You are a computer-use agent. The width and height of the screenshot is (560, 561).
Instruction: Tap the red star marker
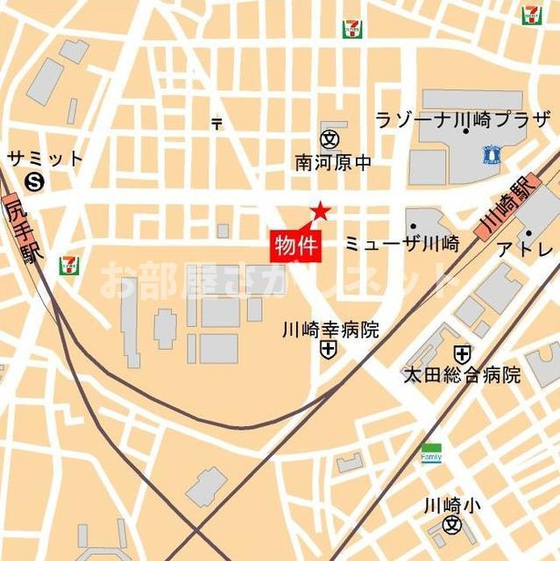pyautogui.click(x=321, y=210)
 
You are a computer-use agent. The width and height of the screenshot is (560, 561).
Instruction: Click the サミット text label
pyautogui.click(x=46, y=159)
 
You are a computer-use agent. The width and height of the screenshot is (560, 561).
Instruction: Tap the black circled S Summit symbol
pyautogui.click(x=34, y=181)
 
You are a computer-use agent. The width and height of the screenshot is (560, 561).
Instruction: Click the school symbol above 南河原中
pyautogui.click(x=330, y=138)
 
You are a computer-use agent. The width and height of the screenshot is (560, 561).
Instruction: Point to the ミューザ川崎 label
pyautogui.click(x=401, y=244)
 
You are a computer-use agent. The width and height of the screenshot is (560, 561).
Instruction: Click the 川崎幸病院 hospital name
pyautogui.click(x=330, y=330)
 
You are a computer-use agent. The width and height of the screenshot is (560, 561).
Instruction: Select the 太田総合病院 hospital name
pyautogui.click(x=461, y=375)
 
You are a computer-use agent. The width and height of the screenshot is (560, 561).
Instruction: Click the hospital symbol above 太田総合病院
pyautogui.click(x=462, y=354)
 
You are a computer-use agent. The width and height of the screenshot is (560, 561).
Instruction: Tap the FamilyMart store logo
pyautogui.click(x=430, y=453)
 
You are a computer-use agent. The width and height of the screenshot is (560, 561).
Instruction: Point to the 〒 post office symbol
pyautogui.click(x=216, y=123)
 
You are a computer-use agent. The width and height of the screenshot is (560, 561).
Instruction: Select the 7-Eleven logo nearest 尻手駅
pyautogui.click(x=67, y=265)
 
